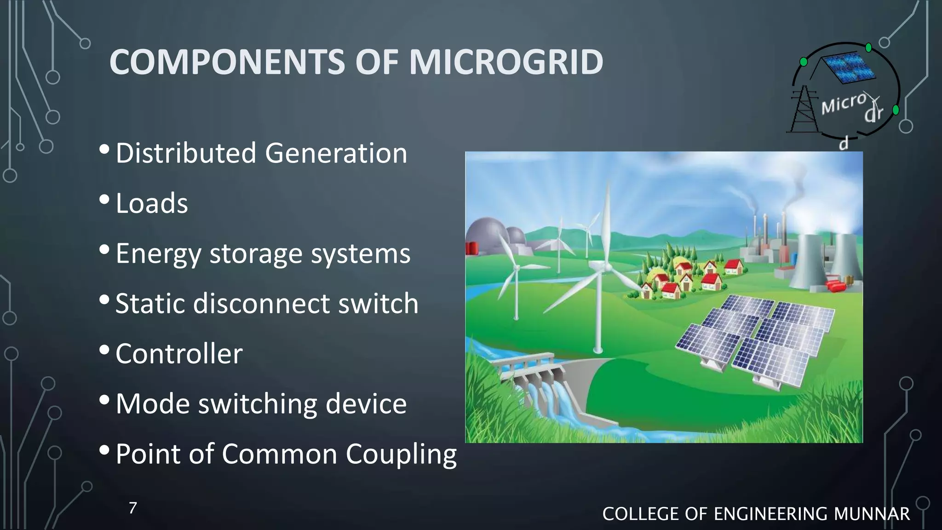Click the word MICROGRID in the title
506,62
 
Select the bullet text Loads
152,203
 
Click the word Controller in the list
179,354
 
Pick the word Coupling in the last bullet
401,455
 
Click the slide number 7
132,508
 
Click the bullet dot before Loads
104,200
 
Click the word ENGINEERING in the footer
771,514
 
